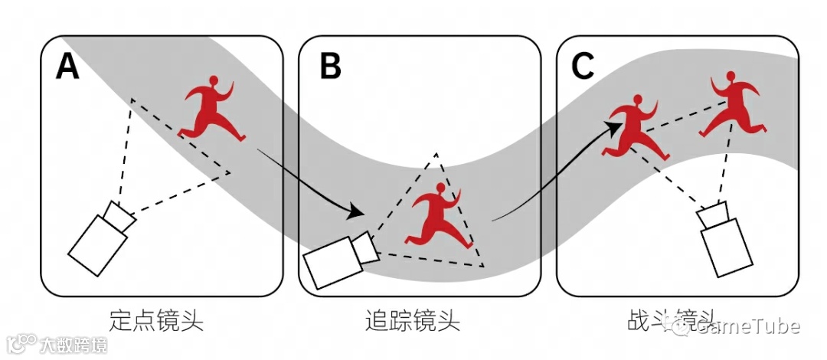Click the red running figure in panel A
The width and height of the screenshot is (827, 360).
(x=211, y=112)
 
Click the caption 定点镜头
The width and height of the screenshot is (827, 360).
(x=157, y=319)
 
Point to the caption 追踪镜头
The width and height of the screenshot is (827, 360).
(x=413, y=319)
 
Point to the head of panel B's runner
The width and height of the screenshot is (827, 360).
(x=440, y=188)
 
